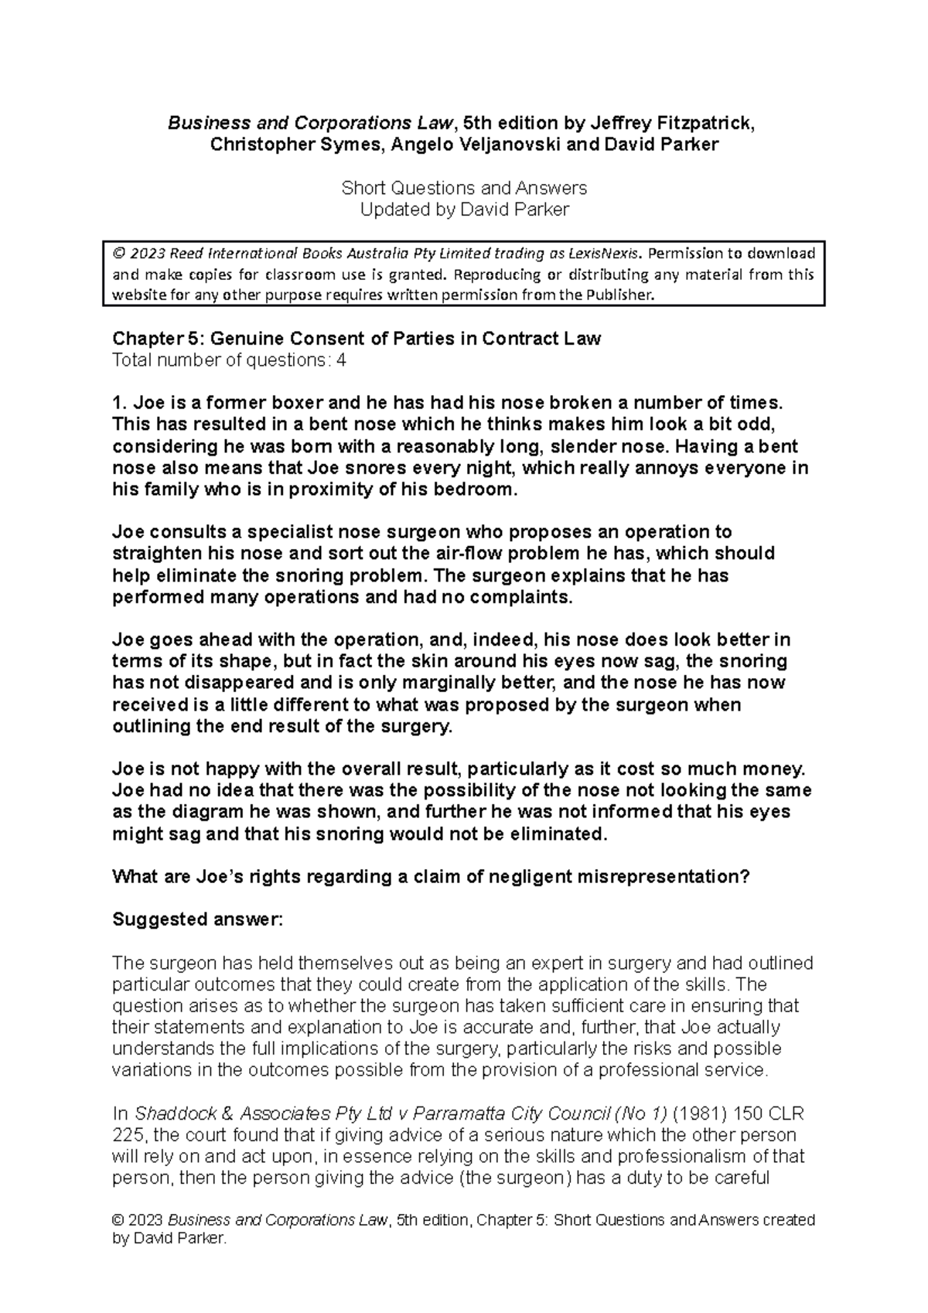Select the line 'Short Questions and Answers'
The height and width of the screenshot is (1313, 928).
tap(464, 188)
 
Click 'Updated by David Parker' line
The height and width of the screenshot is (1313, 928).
tap(464, 210)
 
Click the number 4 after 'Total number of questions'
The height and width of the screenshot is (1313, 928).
tap(341, 360)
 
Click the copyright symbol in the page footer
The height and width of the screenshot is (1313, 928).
tap(118, 1220)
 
